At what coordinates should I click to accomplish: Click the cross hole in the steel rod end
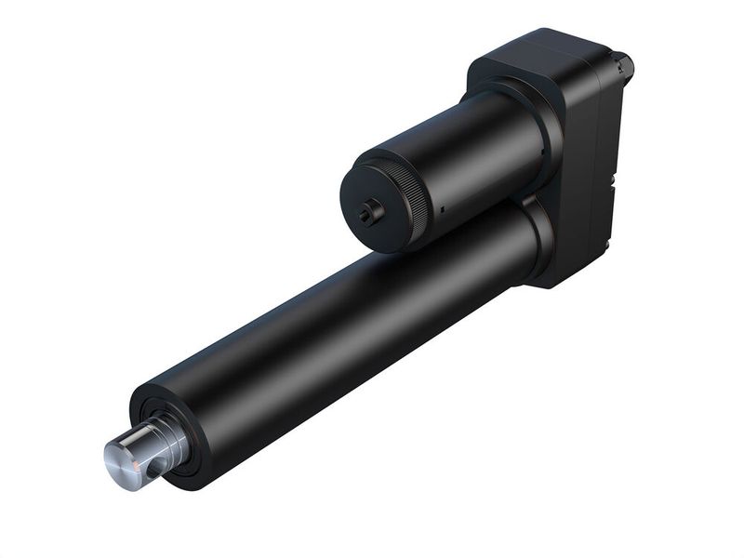(x=152, y=469)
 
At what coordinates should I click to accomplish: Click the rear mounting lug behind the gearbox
(x=621, y=65)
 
